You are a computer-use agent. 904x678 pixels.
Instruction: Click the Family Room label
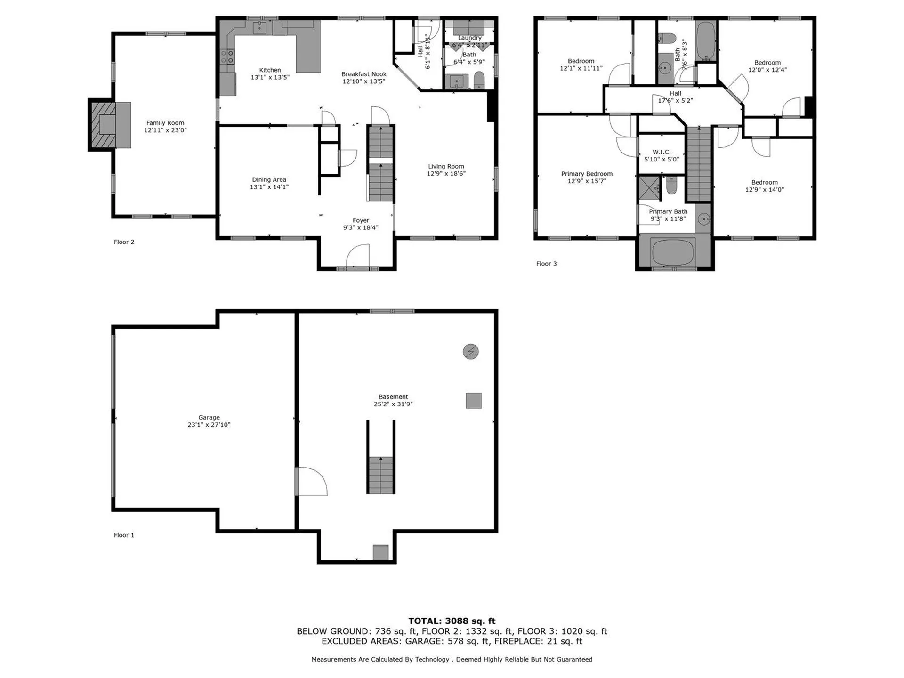pos(165,123)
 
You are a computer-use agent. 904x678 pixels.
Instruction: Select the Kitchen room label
pos(270,70)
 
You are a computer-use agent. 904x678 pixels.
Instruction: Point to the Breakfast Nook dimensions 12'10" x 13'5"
pos(364,81)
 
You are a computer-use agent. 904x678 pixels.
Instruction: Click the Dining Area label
pos(269,179)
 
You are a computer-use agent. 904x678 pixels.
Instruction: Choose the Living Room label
pos(446,166)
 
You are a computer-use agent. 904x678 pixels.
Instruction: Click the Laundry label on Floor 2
pos(470,38)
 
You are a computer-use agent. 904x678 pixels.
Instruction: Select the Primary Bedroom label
pos(587,174)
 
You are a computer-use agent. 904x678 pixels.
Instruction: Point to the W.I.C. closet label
pos(662,152)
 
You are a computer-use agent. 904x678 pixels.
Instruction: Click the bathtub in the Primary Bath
pos(673,252)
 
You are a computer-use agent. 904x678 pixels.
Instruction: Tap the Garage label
pos(209,417)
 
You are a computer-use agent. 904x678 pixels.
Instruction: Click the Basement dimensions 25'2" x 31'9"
pos(393,404)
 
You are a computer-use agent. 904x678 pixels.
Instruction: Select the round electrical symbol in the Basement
pos(471,351)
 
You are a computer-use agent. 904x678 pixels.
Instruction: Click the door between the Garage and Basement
pos(311,481)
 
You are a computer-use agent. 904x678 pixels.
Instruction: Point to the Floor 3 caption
pos(546,264)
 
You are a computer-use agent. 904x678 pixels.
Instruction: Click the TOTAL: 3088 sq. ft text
pos(452,621)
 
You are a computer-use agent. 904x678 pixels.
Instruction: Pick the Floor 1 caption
pos(124,535)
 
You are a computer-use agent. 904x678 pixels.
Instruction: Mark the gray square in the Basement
pos(474,401)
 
